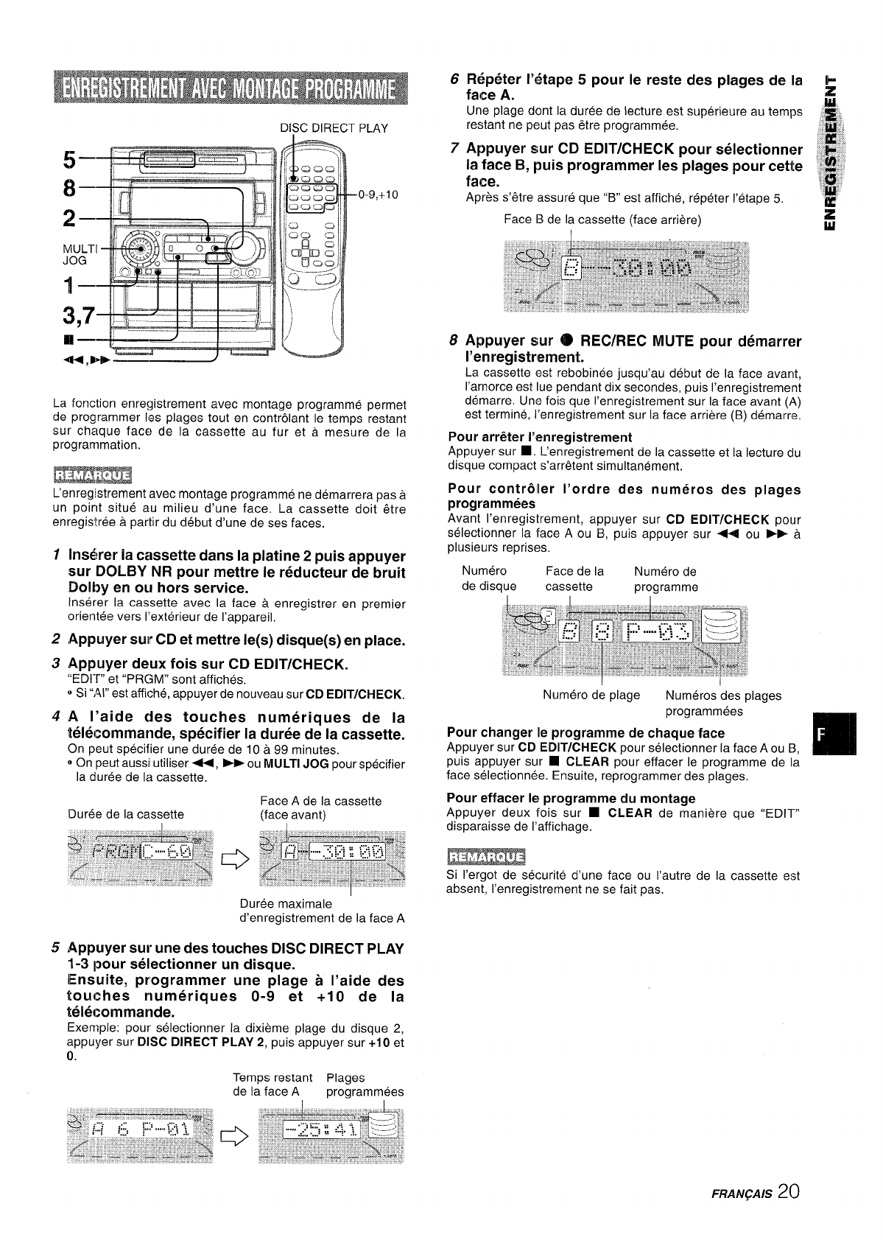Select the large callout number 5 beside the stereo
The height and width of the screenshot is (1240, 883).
pyautogui.click(x=69, y=158)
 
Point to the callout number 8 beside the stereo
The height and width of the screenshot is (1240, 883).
pyautogui.click(x=69, y=189)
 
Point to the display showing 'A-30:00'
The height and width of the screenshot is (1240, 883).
pyautogui.click(x=333, y=855)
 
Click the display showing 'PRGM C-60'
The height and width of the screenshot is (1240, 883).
pyautogui.click(x=140, y=855)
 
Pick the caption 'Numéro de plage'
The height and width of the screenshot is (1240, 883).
pyautogui.click(x=591, y=696)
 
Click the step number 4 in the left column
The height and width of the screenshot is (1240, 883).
pyautogui.click(x=57, y=717)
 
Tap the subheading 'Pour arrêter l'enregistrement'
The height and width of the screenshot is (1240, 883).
pyautogui.click(x=540, y=437)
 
